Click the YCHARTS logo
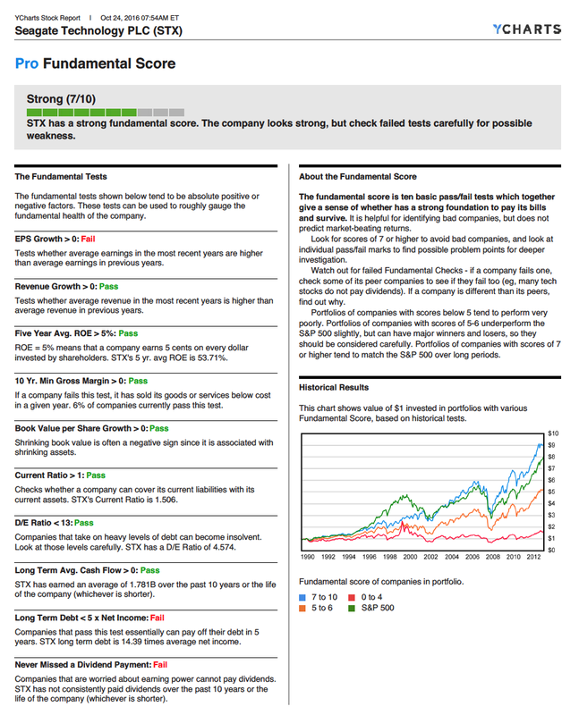pyautogui.click(x=527, y=29)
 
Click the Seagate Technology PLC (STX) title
pyautogui.click(x=99, y=30)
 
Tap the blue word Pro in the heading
pyautogui.click(x=27, y=63)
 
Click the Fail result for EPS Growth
pyautogui.click(x=88, y=239)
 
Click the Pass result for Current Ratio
pyautogui.click(x=96, y=475)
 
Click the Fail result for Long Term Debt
pyautogui.click(x=157, y=617)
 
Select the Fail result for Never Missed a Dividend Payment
pyautogui.click(x=160, y=664)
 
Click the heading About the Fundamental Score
pyautogui.click(x=357, y=177)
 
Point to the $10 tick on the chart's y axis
pyautogui.click(x=552, y=433)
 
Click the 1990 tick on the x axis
pyautogui.click(x=307, y=557)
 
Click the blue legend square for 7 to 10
pyautogui.click(x=303, y=596)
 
